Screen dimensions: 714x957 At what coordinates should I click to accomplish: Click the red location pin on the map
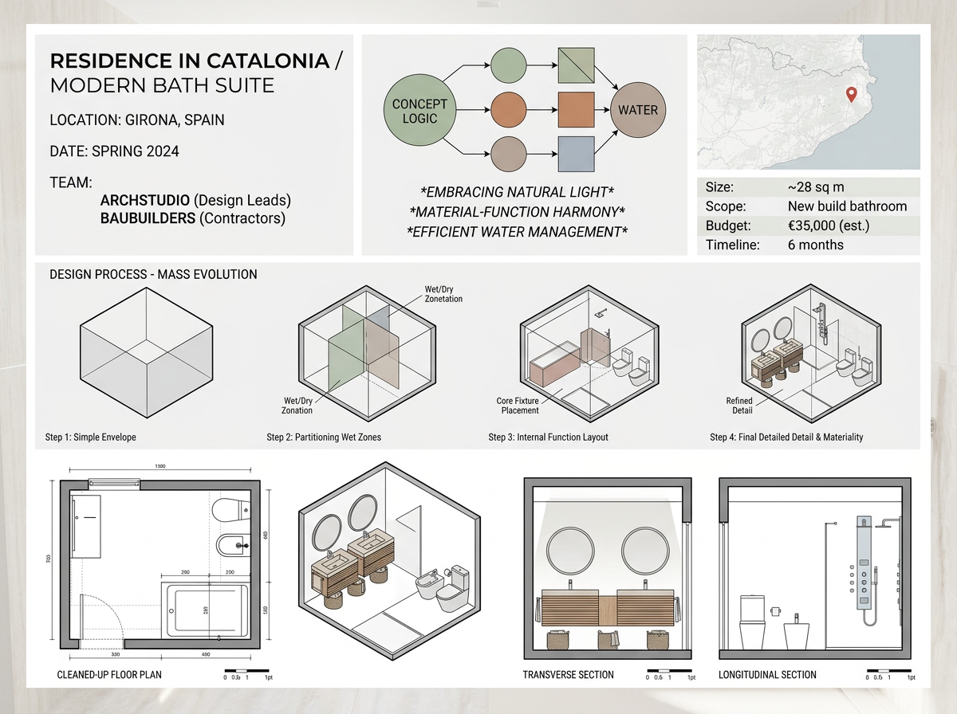pyautogui.click(x=851, y=95)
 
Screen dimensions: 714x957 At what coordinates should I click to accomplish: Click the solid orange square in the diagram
pyautogui.click(x=577, y=110)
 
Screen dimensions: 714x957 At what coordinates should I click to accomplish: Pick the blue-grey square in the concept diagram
pyautogui.click(x=577, y=154)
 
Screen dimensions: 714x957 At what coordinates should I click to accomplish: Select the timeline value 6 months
pyautogui.click(x=815, y=245)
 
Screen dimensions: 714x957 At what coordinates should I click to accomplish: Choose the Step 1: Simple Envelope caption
pyautogui.click(x=91, y=437)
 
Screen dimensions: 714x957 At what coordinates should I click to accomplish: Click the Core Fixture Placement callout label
pyautogui.click(x=518, y=406)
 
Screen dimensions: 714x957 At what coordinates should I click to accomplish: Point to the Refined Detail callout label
pyautogui.click(x=739, y=406)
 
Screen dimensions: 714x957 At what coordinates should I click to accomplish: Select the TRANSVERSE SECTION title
pyautogui.click(x=568, y=675)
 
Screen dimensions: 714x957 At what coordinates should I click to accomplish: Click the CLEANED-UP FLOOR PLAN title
pyautogui.click(x=110, y=675)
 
